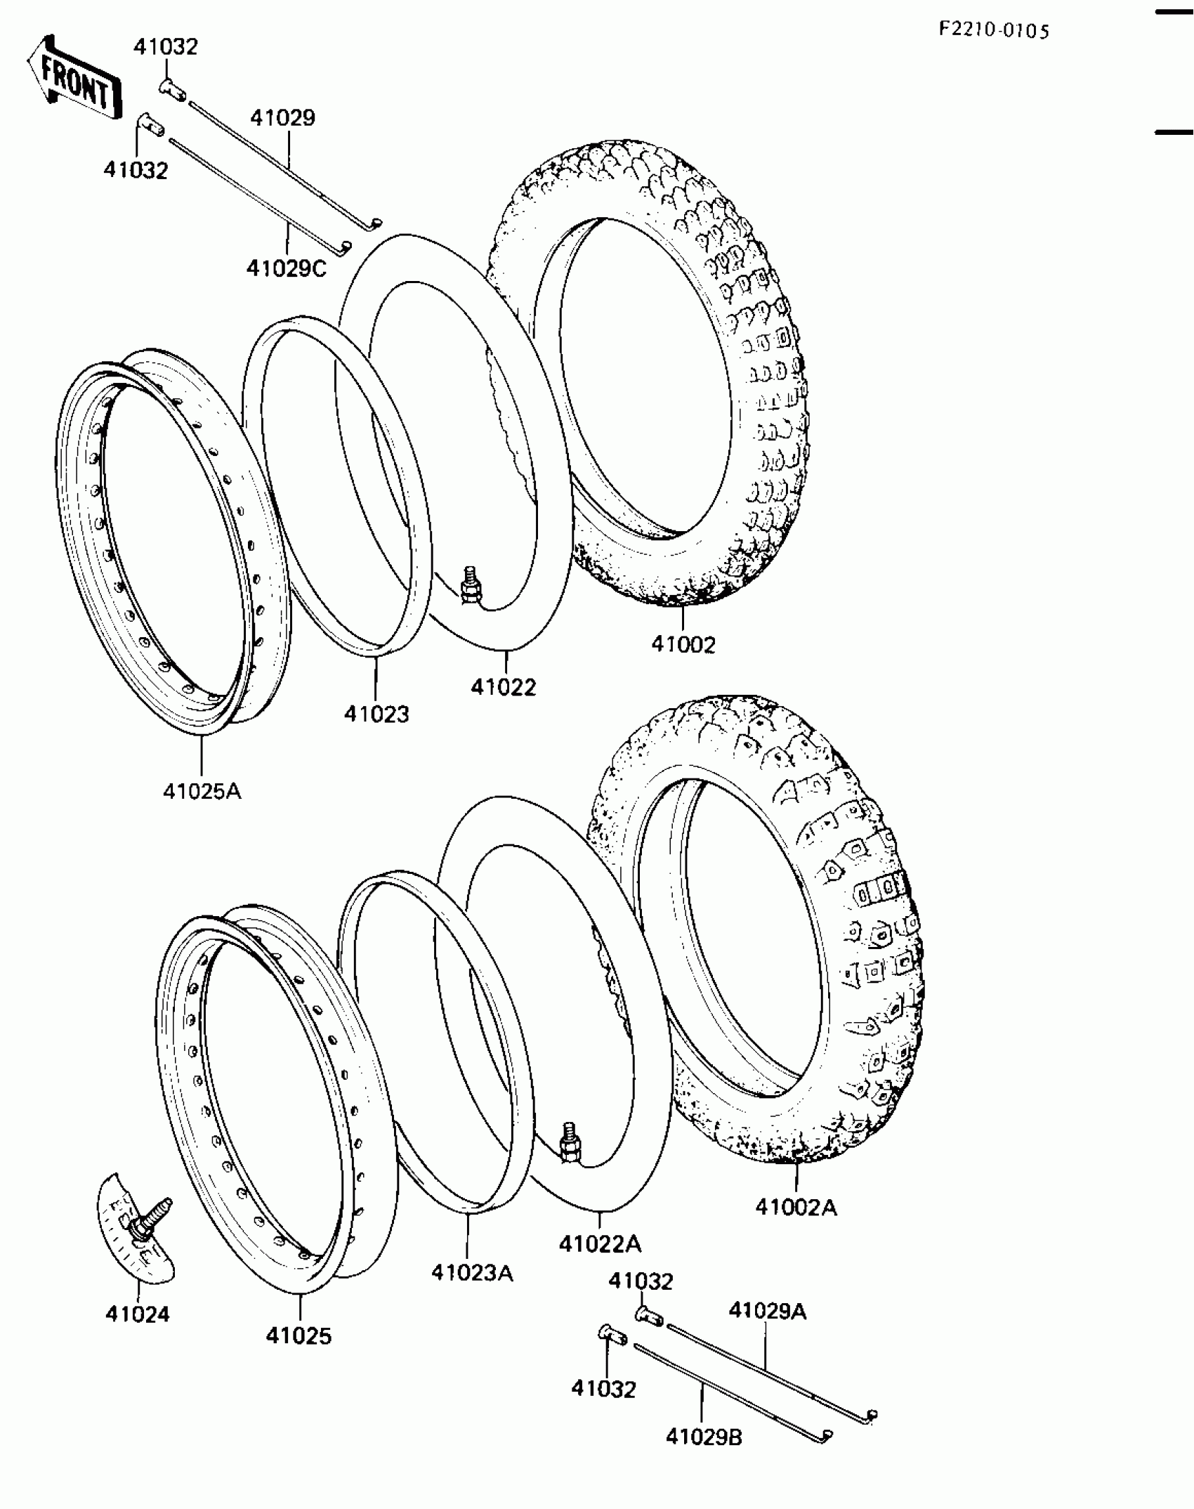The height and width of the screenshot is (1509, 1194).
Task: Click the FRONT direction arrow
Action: tap(74, 79)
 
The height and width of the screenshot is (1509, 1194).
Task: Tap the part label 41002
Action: tap(683, 644)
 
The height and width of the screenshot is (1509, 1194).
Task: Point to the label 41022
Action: tap(503, 686)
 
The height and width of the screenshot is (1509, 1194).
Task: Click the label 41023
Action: tap(376, 714)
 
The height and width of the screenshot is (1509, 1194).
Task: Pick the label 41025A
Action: tap(202, 791)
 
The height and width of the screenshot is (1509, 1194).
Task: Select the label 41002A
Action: tap(796, 1208)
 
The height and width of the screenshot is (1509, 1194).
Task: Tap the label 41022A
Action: tap(600, 1244)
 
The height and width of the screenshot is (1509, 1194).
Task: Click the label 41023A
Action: tap(472, 1272)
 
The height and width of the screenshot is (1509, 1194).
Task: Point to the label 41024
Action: tap(138, 1314)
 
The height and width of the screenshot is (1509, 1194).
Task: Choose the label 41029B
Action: tap(704, 1437)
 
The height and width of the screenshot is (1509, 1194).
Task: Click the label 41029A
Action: tap(767, 1311)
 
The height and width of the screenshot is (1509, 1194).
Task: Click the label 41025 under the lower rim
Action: tap(298, 1335)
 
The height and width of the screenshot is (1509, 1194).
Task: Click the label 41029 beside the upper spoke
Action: tap(283, 117)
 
